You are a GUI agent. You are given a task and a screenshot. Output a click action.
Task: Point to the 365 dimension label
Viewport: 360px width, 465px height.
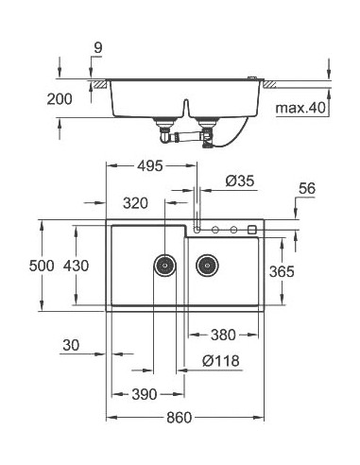coord(281,272)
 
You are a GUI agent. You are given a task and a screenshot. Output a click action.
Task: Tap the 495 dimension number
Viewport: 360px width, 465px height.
coord(149,165)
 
